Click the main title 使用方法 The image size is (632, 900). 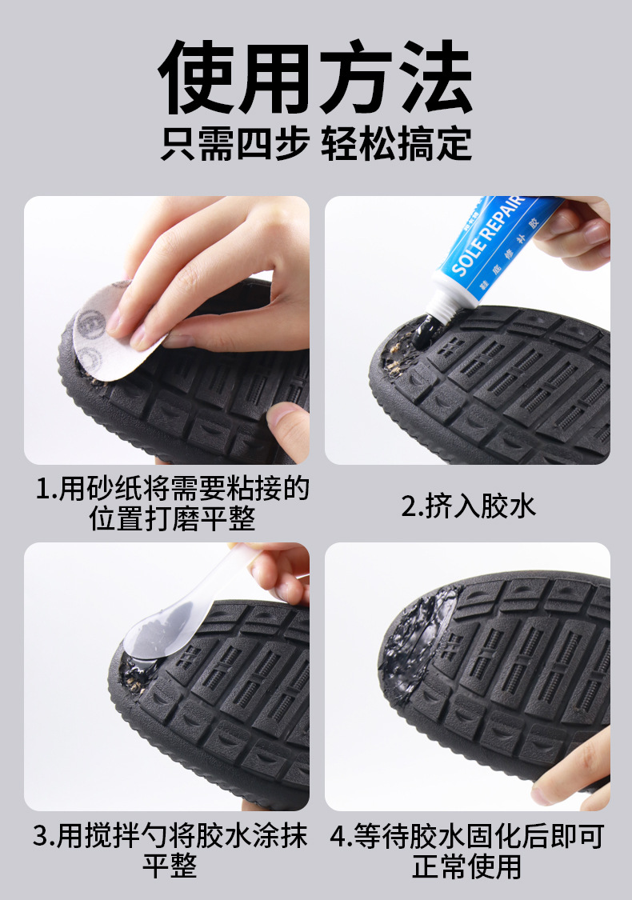point(316,78)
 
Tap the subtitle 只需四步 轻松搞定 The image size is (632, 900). point(316,146)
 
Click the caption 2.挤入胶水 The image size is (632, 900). point(468,506)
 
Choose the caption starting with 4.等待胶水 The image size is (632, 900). point(467,850)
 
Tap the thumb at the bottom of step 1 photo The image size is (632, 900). point(288,428)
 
